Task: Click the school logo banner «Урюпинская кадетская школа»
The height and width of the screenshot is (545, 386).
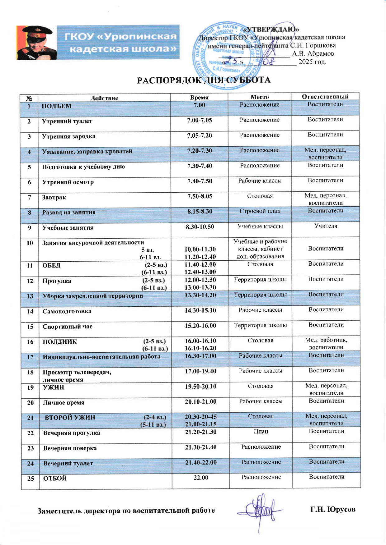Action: [98, 42]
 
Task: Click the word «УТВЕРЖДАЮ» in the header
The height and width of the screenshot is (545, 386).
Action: [271, 30]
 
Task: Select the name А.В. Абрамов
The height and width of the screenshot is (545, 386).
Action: [313, 53]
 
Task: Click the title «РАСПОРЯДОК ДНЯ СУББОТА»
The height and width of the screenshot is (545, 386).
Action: [204, 80]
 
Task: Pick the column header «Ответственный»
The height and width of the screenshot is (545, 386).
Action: [325, 97]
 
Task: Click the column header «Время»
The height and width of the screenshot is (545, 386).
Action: [199, 97]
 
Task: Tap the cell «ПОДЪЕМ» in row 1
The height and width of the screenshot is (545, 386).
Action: [57, 106]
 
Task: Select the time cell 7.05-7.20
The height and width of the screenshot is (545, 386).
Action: [200, 135]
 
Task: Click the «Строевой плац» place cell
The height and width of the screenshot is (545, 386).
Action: [260, 211]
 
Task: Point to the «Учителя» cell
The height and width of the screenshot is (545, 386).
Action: [326, 226]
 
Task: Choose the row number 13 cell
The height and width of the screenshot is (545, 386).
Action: [30, 296]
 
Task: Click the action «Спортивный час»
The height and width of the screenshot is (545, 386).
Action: [68, 327]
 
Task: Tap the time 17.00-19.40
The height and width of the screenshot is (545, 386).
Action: [200, 371]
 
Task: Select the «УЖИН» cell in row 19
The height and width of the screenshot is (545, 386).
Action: [53, 387]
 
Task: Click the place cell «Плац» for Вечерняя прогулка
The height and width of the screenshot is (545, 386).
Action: [261, 432]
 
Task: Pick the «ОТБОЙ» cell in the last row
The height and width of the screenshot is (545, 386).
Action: [55, 479]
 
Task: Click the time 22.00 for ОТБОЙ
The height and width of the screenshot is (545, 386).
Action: [201, 478]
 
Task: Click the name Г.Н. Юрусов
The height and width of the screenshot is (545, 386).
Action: [332, 510]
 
